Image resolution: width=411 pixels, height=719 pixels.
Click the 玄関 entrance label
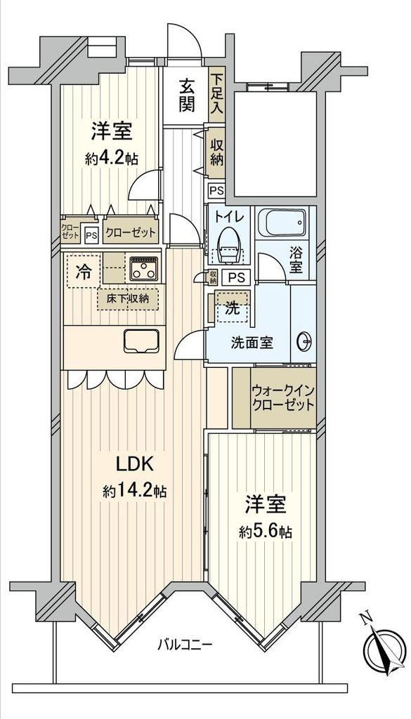(187, 95)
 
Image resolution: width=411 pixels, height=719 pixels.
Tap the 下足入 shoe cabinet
(216, 95)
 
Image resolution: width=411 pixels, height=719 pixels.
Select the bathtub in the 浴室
(280, 223)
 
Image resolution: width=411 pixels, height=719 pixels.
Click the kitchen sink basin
(141, 341)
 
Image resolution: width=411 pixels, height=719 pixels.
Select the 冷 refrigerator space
(84, 272)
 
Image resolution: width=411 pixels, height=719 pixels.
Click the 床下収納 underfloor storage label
(128, 299)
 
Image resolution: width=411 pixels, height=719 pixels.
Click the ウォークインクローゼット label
(282, 398)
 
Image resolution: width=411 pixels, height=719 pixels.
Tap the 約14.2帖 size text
(134, 492)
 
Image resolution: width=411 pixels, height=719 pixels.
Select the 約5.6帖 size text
(266, 532)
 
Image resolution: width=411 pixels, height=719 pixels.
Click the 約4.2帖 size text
(112, 159)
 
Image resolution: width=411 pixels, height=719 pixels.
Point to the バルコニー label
(185, 645)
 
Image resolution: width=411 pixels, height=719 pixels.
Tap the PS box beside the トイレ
(236, 277)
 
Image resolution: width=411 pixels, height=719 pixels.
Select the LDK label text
(134, 465)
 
